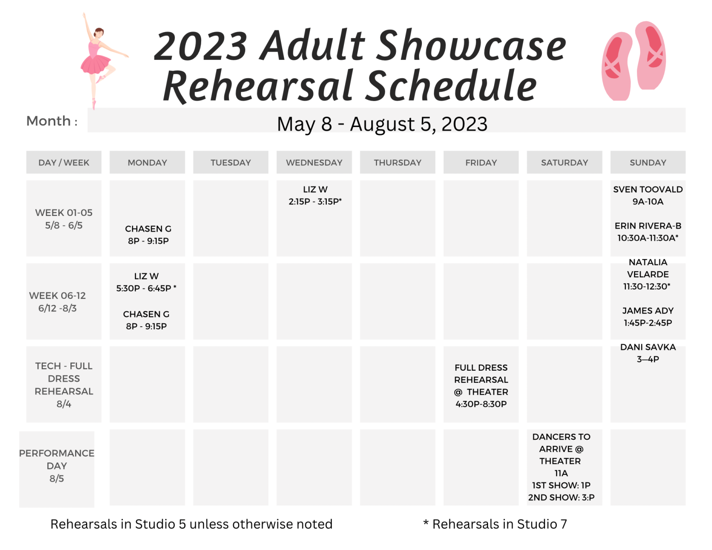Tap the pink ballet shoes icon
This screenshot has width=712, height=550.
tap(633, 61)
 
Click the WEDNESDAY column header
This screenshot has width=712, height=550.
tap(314, 162)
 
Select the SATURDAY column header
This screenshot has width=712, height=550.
tap(564, 162)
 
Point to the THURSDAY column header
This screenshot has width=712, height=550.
tap(397, 162)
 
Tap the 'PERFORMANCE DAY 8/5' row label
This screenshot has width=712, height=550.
tap(57, 466)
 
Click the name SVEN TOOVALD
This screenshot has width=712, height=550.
tap(648, 189)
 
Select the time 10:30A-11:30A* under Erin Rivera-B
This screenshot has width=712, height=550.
tap(648, 238)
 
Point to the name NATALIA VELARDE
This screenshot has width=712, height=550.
tap(648, 268)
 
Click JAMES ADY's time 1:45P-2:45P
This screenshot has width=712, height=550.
tap(648, 323)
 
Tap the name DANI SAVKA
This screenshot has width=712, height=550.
tap(648, 347)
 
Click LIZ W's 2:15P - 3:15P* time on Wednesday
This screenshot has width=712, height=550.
tap(315, 202)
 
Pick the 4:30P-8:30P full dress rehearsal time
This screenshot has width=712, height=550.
tap(481, 404)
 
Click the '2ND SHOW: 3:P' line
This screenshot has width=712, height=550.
tap(561, 497)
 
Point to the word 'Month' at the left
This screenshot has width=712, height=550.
tap(49, 121)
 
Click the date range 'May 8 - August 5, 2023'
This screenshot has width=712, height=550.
tap(382, 124)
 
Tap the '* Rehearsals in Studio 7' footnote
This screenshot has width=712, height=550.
tap(495, 524)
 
